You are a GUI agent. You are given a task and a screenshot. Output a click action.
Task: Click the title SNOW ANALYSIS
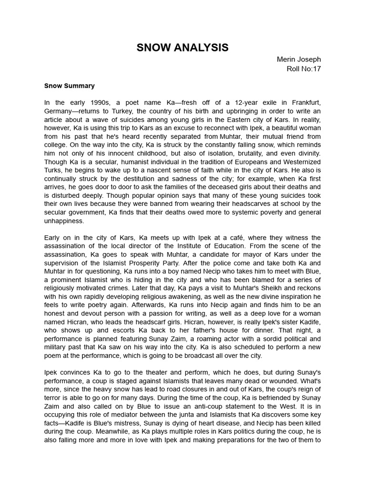coord(183,48)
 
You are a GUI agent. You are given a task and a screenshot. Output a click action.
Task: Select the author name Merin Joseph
coord(299,60)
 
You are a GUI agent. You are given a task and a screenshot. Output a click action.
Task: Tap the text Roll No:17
coord(303,69)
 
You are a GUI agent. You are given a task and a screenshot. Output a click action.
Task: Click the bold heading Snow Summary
coord(69,86)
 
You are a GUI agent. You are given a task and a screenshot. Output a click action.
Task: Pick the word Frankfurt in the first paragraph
coord(304,102)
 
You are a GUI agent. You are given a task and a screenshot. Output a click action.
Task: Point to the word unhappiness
coord(64,221)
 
